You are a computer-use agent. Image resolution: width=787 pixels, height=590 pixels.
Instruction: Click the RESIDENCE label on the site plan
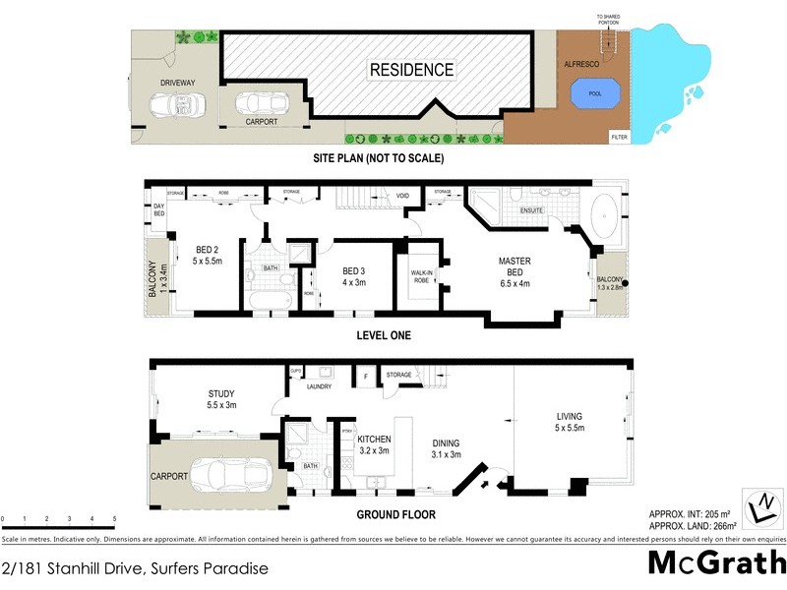(412, 70)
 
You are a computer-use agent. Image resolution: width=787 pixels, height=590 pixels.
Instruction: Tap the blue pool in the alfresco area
(595, 92)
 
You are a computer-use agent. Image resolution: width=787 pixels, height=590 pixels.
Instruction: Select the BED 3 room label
(354, 270)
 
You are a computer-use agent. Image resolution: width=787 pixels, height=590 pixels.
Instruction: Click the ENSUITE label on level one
(530, 208)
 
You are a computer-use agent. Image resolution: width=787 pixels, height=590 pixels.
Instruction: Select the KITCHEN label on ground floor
(375, 440)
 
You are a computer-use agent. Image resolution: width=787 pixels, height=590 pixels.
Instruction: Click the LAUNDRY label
(318, 386)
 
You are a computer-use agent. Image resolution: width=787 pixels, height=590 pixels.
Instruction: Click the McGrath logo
(717, 563)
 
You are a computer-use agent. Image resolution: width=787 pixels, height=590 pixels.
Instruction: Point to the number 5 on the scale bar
(115, 519)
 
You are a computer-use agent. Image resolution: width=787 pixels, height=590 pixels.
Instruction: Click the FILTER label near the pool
(620, 136)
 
